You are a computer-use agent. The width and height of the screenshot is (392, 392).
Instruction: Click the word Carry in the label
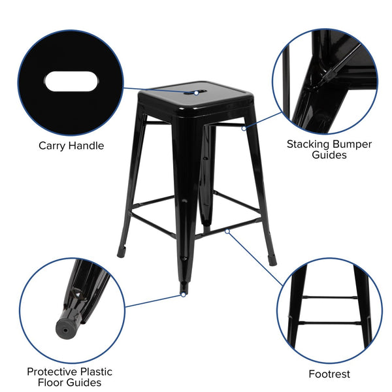click(x=54, y=146)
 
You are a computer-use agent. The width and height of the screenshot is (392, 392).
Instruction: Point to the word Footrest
click(x=329, y=374)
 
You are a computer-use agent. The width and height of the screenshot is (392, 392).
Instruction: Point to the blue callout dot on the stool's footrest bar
click(x=227, y=230)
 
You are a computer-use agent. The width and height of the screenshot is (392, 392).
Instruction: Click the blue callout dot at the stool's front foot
click(x=183, y=295)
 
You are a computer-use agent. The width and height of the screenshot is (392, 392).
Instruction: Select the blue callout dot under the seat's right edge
click(x=244, y=128)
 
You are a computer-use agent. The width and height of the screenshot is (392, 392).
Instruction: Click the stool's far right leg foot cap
click(x=272, y=260)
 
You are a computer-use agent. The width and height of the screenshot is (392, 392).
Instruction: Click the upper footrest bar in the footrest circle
click(x=329, y=297)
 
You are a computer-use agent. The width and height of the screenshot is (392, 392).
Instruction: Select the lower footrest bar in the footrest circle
click(x=329, y=323)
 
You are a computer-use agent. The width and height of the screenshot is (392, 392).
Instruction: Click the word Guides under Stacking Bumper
click(x=329, y=155)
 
